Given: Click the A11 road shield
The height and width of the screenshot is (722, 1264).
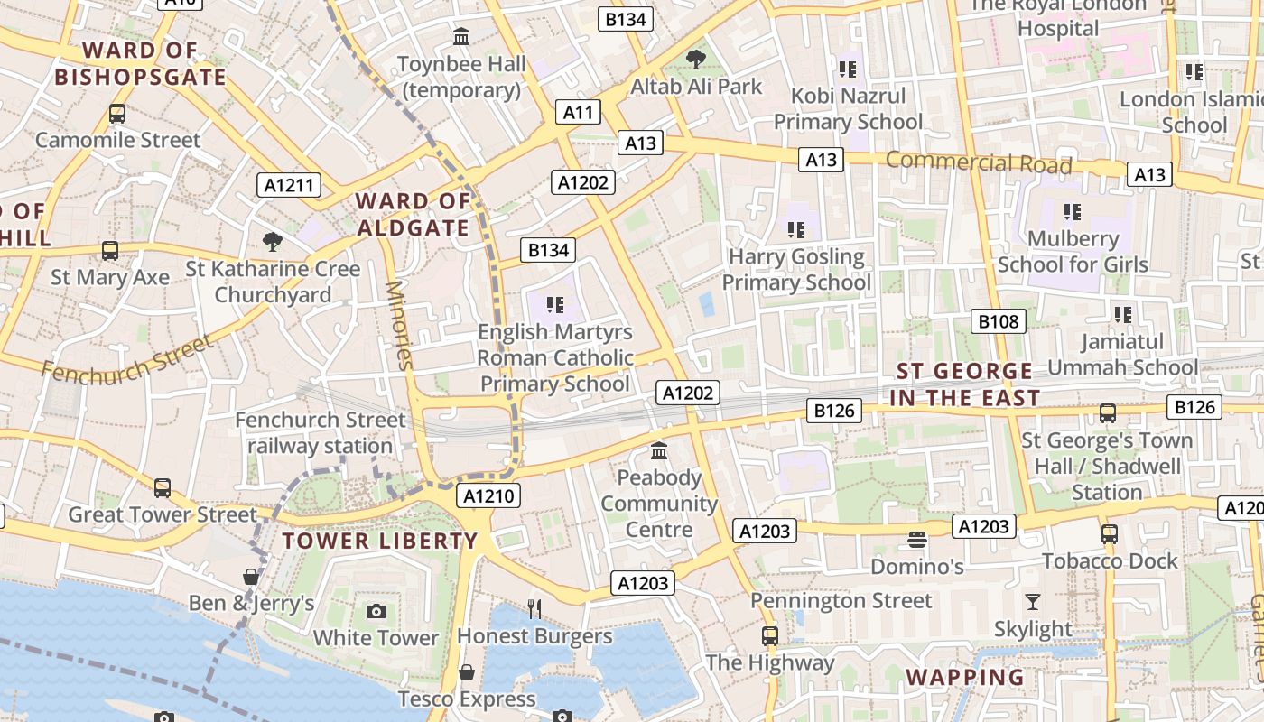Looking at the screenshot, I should pos(578,113).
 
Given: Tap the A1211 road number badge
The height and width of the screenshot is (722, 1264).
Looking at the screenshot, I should pos(289,186).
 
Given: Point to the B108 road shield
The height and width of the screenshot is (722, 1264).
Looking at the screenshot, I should pos(998,321).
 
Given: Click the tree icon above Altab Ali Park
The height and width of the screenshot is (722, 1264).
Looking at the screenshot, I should pos(695,60).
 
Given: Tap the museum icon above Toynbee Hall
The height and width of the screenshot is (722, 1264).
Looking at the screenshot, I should pos(461,37).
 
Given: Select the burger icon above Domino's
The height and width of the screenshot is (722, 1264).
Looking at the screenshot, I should pos(917,540).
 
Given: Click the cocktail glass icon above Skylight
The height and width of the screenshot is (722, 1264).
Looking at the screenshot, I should pos(1033,601).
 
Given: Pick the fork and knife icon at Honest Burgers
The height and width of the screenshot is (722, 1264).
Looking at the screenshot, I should pos(534,609).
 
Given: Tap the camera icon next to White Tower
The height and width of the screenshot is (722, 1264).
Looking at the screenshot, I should pos(376,612).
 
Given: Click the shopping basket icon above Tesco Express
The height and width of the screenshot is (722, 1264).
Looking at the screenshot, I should pos(467,672).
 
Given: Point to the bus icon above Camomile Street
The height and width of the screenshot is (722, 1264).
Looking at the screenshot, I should pos(117,114).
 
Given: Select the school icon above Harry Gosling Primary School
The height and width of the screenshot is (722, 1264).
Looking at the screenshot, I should pos(795,230).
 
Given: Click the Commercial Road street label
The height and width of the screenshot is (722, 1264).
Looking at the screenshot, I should pos(979,163).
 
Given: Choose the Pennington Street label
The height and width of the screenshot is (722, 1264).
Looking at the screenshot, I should pos(841,601).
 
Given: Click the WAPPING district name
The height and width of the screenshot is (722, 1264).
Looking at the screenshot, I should pos(965,677).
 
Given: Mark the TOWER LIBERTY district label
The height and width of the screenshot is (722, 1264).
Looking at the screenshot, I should pos(380,541).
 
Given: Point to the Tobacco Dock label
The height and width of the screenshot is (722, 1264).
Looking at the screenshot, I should pos(1110,561).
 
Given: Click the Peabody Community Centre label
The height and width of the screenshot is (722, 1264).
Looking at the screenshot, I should pos(659,504).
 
